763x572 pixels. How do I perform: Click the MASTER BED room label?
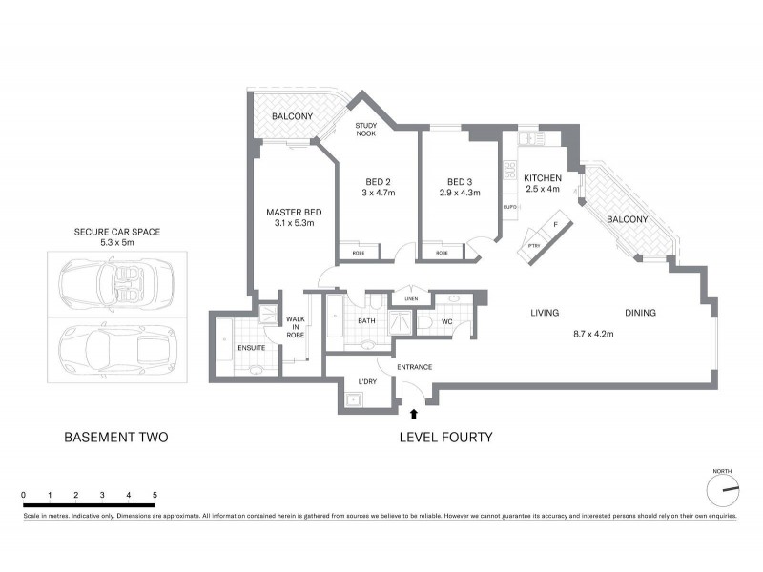(x=292, y=211)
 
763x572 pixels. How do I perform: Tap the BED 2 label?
(x=380, y=181)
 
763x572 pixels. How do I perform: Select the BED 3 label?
(x=461, y=181)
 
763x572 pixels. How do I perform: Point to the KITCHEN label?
(x=542, y=177)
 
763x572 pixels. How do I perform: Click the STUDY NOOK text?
(x=366, y=130)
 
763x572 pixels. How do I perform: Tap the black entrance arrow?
(x=413, y=414)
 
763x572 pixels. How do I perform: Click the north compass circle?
(x=724, y=490)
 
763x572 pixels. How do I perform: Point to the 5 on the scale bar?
(x=155, y=495)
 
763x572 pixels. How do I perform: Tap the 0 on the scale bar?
(x=23, y=495)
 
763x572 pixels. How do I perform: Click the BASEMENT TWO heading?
(x=115, y=438)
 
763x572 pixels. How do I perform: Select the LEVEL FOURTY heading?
(x=444, y=438)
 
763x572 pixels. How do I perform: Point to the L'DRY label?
(x=367, y=382)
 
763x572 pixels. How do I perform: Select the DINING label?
(x=641, y=313)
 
